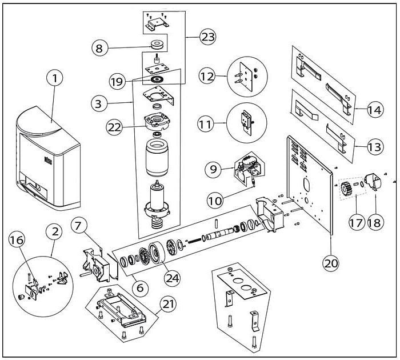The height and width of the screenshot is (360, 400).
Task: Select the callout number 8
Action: (x=99, y=49)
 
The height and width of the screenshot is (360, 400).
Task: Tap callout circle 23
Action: (x=207, y=37)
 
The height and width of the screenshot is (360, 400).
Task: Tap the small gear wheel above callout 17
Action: (x=346, y=189)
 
